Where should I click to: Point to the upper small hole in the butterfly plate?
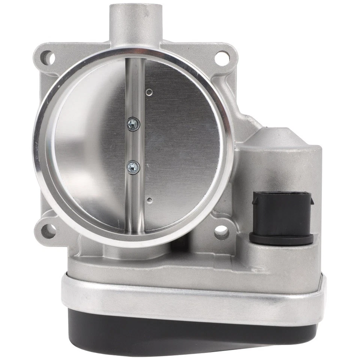(x=150, y=90)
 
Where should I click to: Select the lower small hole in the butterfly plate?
(x=150, y=200)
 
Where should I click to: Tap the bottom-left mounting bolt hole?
(x=47, y=229)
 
